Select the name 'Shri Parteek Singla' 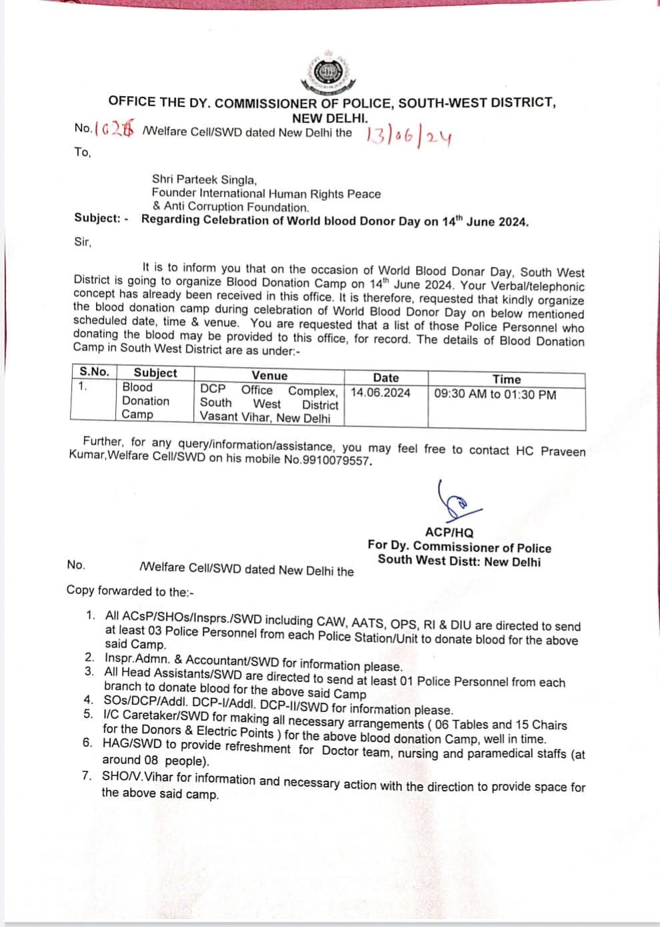coord(204,180)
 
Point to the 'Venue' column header coord(269,376)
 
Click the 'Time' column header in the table coord(506,379)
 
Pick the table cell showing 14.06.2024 coord(381,392)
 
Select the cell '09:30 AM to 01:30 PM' coord(495,394)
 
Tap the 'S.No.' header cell coord(94,372)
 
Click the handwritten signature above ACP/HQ coord(453,501)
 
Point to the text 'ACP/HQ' coord(449,533)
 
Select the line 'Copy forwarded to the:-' coord(130,591)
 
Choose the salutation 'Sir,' coord(83,242)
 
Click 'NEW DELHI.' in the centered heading coord(329,117)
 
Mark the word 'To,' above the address coord(82,152)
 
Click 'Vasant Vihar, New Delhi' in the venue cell coord(265,418)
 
